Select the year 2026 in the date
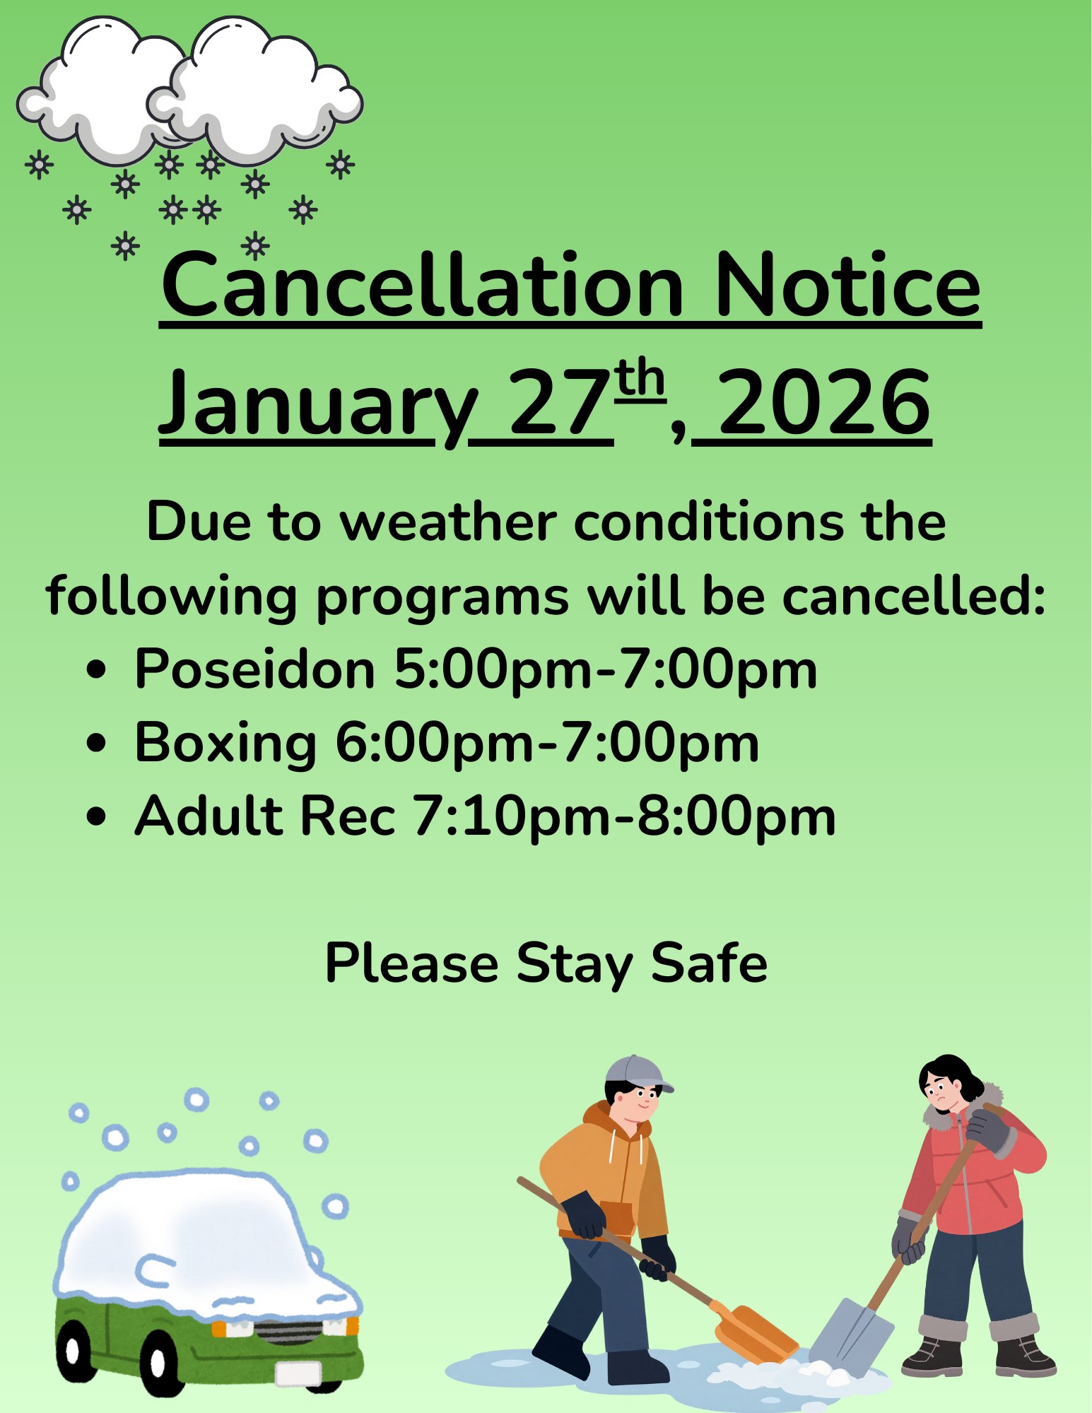click(x=824, y=403)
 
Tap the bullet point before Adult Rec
click(x=96, y=816)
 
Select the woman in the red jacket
click(x=972, y=1216)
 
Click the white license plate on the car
click(x=298, y=1372)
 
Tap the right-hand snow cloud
click(x=254, y=92)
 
